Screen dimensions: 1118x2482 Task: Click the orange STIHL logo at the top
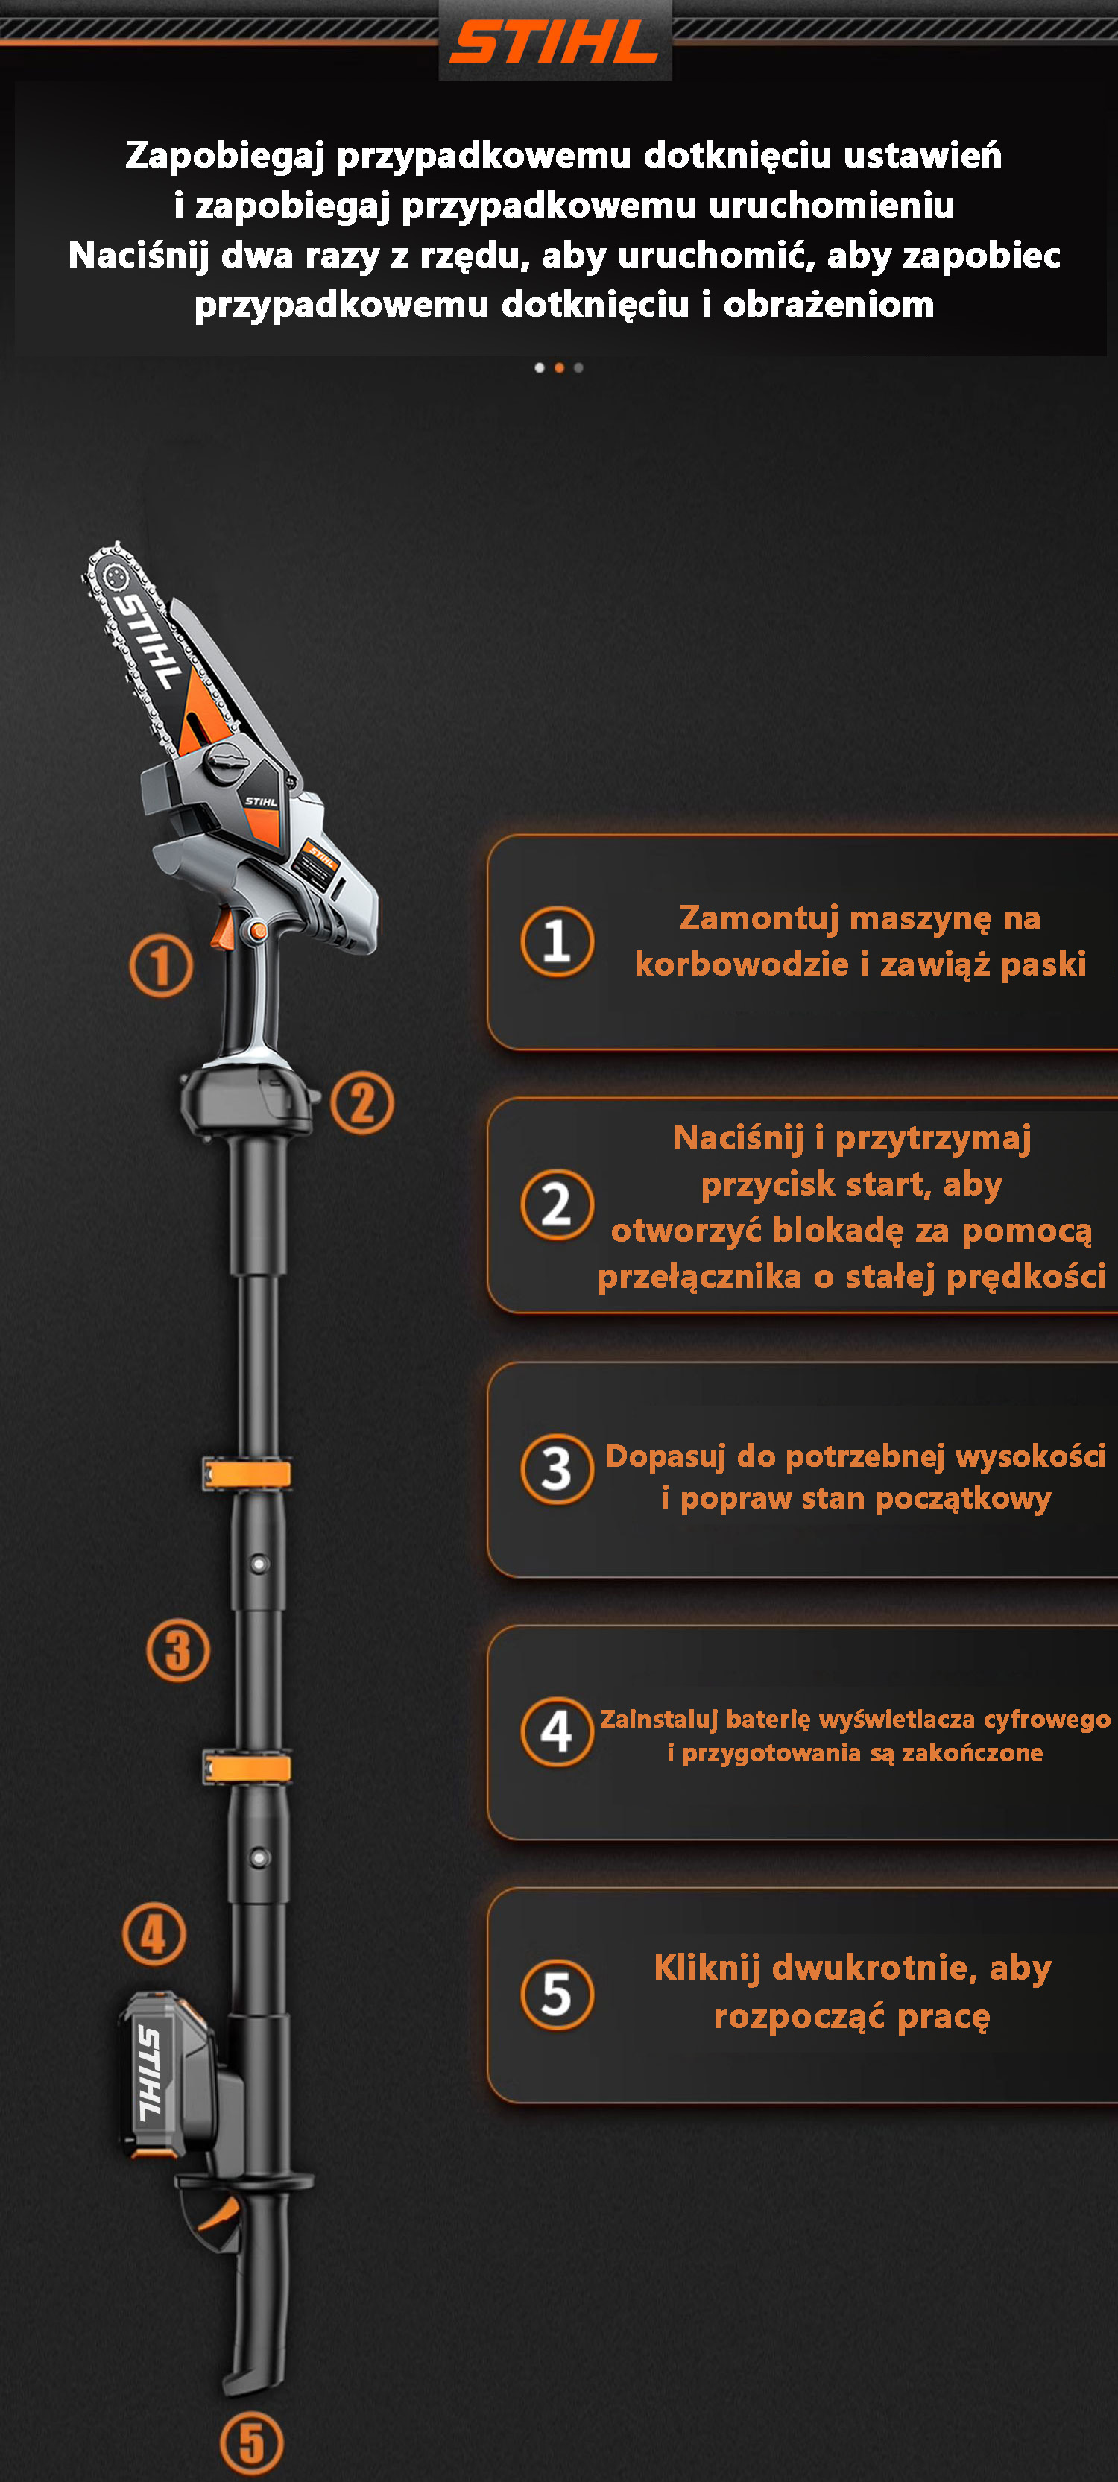tap(555, 43)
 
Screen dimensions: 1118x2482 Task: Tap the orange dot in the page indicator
tap(559, 368)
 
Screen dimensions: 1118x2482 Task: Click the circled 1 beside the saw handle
tap(161, 965)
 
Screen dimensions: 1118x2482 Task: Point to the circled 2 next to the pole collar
tap(362, 1103)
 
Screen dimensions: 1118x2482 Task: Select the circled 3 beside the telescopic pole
tap(178, 1650)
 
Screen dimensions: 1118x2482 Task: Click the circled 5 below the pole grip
tap(252, 2442)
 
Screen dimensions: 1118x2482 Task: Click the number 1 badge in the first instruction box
tap(557, 941)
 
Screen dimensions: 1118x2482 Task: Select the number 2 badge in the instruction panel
tap(557, 1204)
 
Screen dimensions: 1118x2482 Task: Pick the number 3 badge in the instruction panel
tap(557, 1469)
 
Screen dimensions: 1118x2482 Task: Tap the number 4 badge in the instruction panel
tap(557, 1731)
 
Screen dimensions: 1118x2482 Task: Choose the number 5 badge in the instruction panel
tap(557, 1995)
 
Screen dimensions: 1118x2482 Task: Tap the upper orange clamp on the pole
tap(247, 1474)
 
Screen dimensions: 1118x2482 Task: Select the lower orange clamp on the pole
tap(247, 1768)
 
